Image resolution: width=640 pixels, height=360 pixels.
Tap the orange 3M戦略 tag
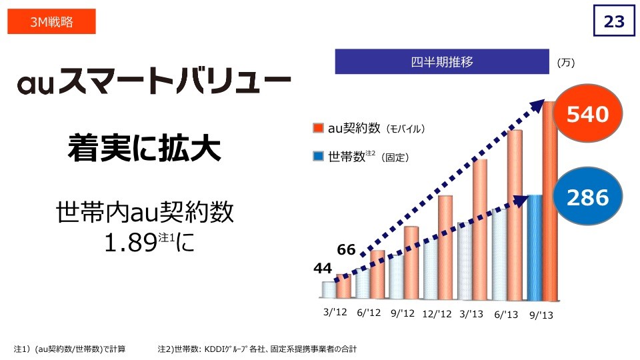52,22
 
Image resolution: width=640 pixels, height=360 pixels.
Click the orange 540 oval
587,115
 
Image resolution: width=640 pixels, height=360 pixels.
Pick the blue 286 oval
587,197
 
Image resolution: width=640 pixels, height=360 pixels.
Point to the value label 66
346,250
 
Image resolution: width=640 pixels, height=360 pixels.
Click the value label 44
323,268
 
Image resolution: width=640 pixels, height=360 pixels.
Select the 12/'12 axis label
437,313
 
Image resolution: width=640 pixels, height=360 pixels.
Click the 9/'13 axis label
542,313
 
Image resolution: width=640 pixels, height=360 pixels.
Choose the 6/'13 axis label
506,313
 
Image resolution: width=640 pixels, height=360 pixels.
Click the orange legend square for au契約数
318,127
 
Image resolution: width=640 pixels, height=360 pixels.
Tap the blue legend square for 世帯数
318,157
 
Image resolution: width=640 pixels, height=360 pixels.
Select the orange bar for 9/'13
550,200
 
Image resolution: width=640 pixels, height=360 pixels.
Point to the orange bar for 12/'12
445,247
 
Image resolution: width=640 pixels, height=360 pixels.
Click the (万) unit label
565,63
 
